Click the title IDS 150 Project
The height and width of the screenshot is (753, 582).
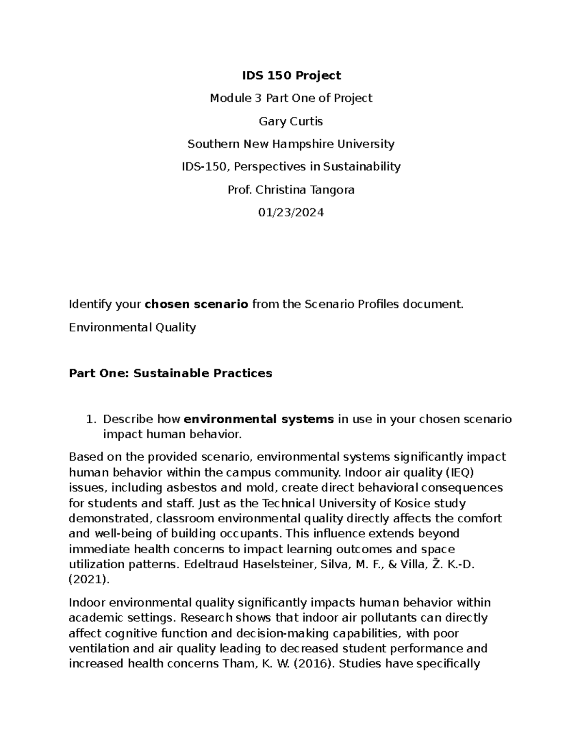[x=291, y=75]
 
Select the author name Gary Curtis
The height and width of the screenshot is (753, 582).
[x=291, y=121]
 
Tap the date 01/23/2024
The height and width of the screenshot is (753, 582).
[x=291, y=212]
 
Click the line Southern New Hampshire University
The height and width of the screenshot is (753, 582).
[x=291, y=144]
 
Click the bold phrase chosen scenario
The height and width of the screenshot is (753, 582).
[x=196, y=304]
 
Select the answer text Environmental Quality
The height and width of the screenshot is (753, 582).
[x=132, y=327]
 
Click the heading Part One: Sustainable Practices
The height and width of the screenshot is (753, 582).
[x=170, y=373]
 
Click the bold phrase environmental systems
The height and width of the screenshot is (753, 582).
[x=259, y=419]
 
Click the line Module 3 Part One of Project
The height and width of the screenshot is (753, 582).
[x=291, y=98]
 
